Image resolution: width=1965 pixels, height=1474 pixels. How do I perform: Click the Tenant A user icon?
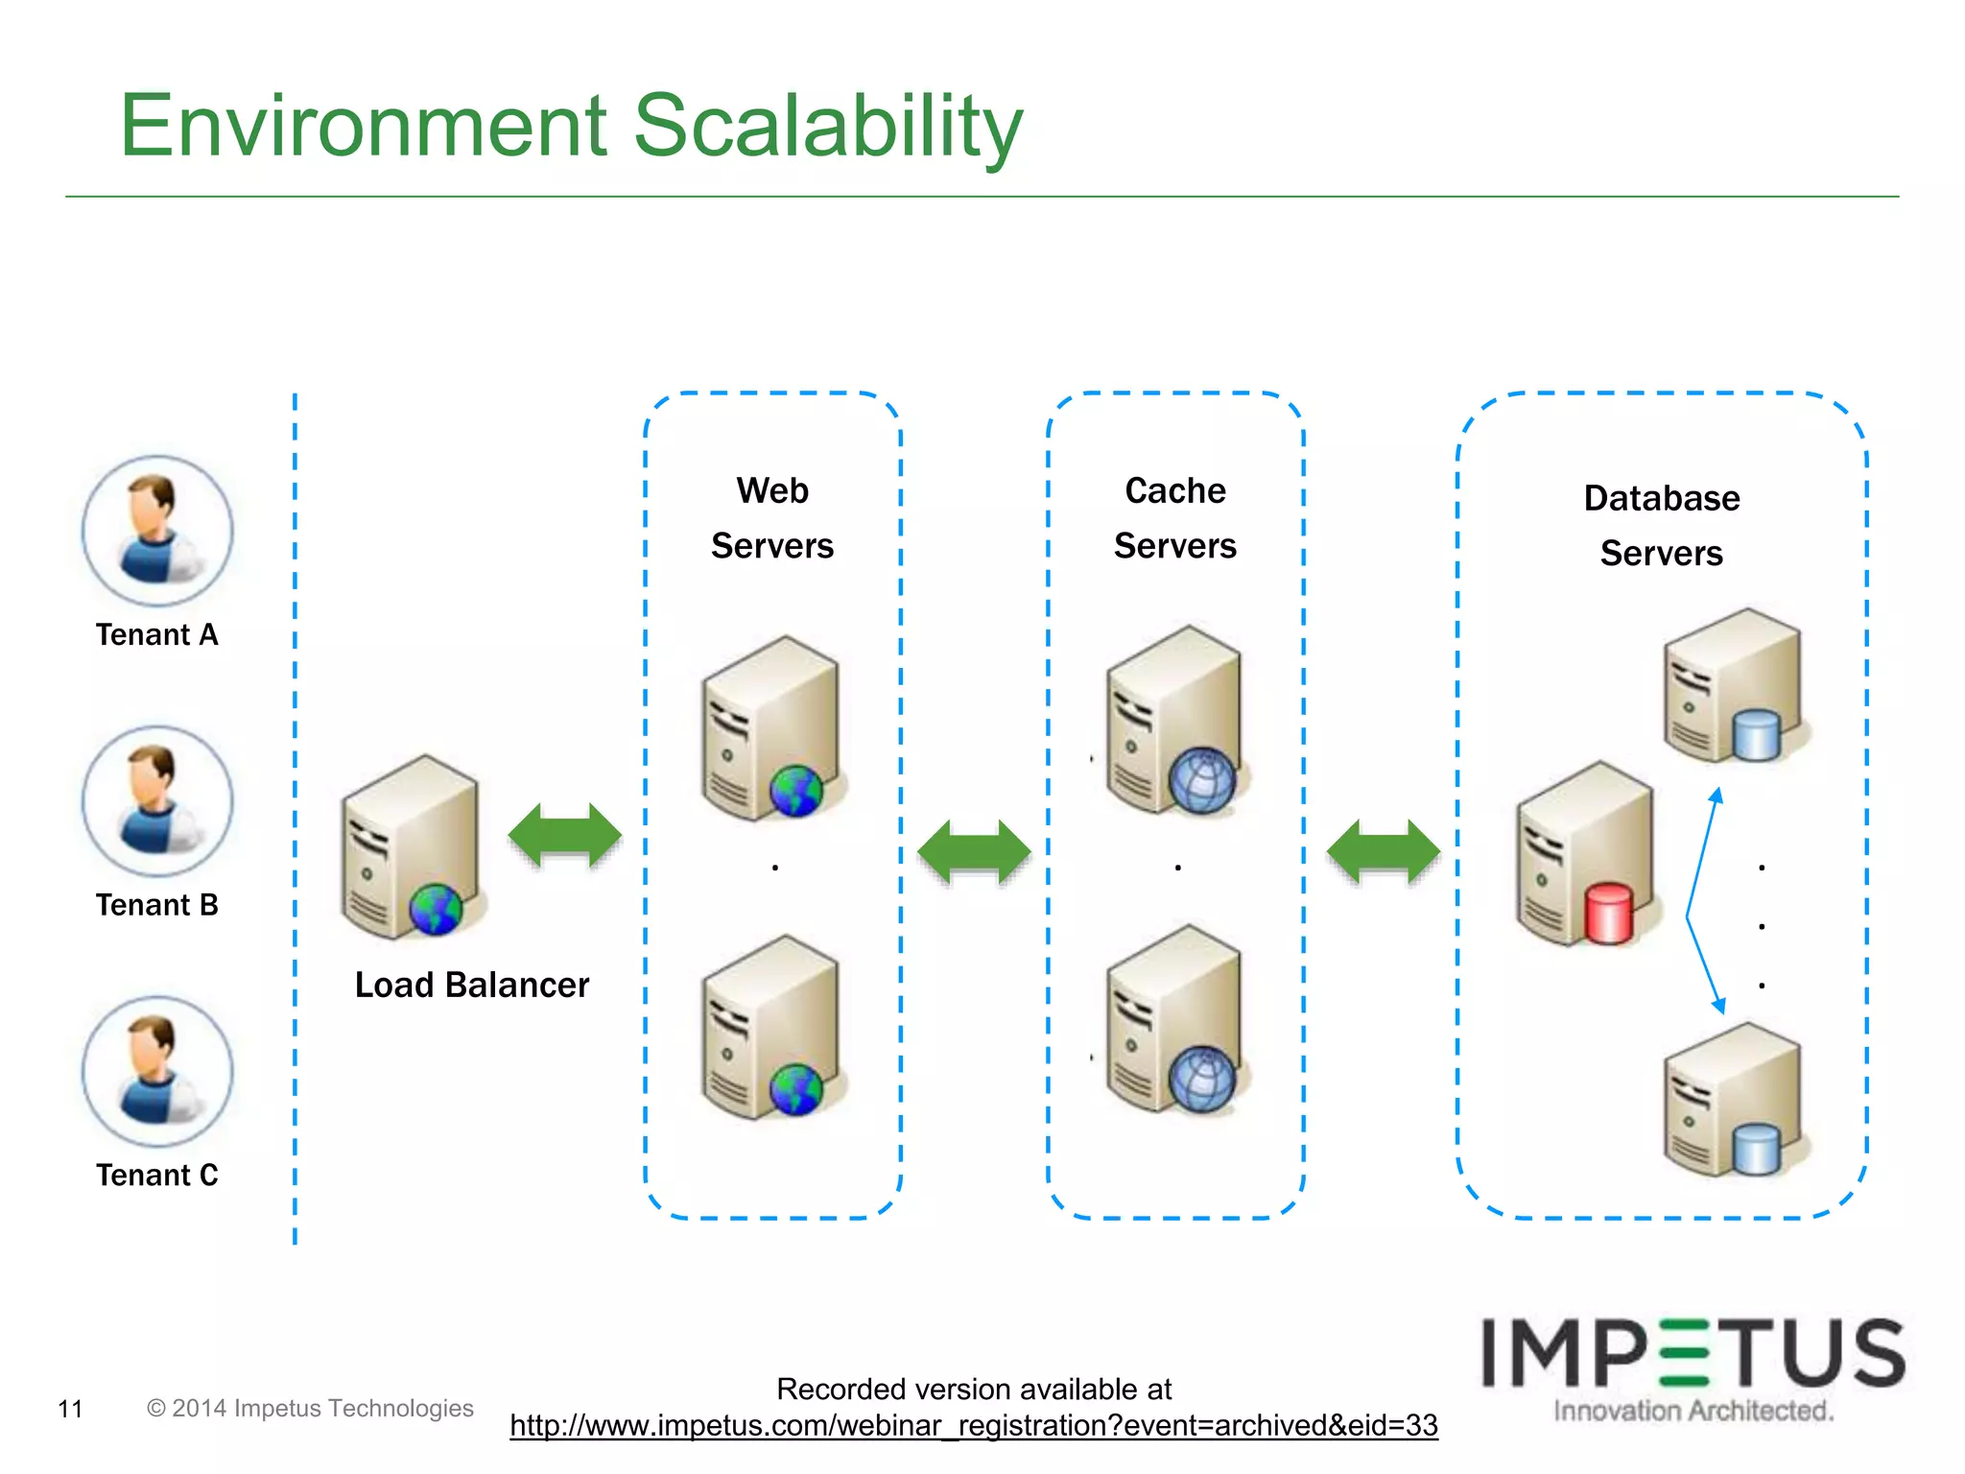point(156,531)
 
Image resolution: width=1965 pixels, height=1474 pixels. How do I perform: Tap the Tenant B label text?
point(156,905)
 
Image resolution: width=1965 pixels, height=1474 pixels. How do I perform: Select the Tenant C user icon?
point(156,1071)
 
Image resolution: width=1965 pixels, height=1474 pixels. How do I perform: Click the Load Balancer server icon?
point(411,846)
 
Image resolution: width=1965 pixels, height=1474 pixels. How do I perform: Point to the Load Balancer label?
point(471,986)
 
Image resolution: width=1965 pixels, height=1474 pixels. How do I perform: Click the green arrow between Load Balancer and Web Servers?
point(564,835)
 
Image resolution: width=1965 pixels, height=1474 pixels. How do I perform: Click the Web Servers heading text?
point(772,518)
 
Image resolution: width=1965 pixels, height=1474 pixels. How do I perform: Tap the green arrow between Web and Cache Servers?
point(974,851)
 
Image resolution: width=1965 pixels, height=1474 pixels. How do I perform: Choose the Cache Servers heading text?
point(1175,518)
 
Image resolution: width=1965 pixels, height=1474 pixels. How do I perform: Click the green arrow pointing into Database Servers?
point(1383,851)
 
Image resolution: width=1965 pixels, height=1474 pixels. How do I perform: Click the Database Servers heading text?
point(1662,525)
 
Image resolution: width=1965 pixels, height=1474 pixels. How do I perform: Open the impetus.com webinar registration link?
point(974,1426)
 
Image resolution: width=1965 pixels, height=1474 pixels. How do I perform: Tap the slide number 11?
point(70,1409)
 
